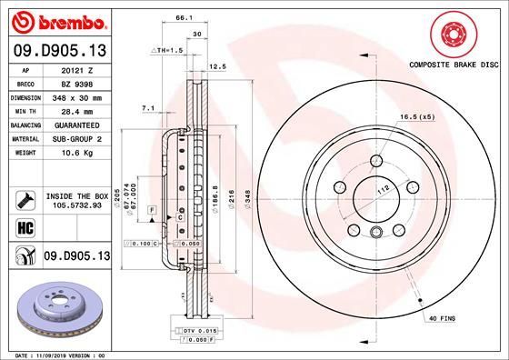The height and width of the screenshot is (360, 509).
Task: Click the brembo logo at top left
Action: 56,20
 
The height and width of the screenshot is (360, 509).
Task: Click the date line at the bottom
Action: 64,355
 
